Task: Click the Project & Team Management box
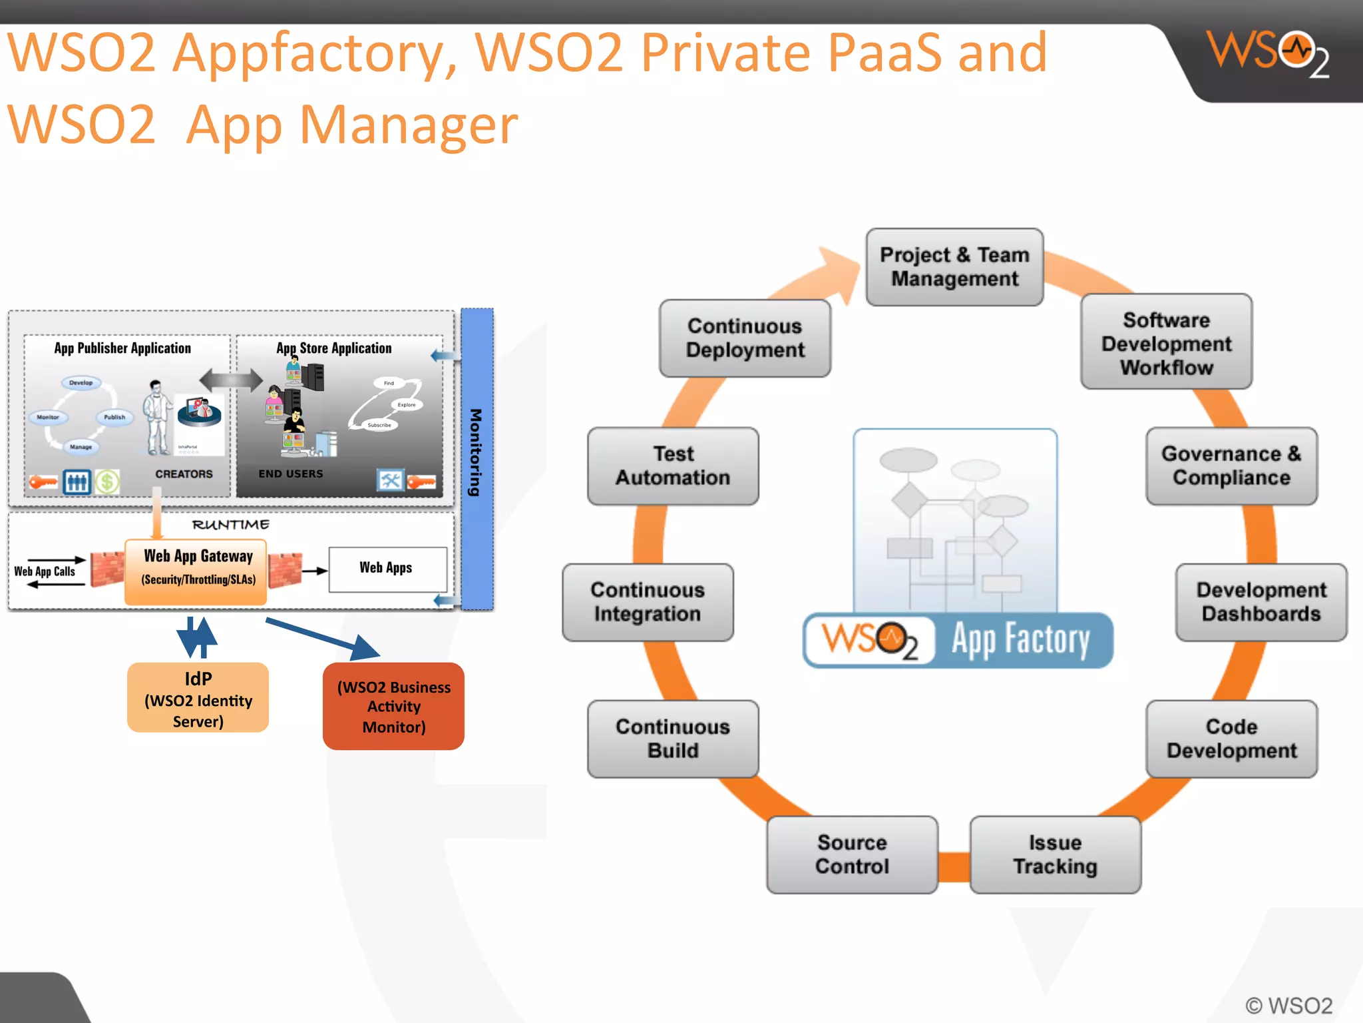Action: click(954, 267)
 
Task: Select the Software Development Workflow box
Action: click(1166, 342)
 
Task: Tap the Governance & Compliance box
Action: click(1231, 466)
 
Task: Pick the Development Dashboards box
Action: click(1261, 602)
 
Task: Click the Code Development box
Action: click(1231, 739)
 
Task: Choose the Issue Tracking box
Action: click(1055, 854)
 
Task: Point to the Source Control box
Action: click(852, 854)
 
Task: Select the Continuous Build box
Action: click(673, 739)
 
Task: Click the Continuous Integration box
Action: click(648, 602)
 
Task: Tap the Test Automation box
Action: click(673, 466)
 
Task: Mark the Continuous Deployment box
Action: click(745, 338)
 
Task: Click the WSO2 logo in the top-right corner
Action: click(1268, 53)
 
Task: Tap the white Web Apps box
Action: click(387, 569)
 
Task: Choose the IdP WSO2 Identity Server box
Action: click(198, 698)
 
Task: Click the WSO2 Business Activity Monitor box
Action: click(393, 707)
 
